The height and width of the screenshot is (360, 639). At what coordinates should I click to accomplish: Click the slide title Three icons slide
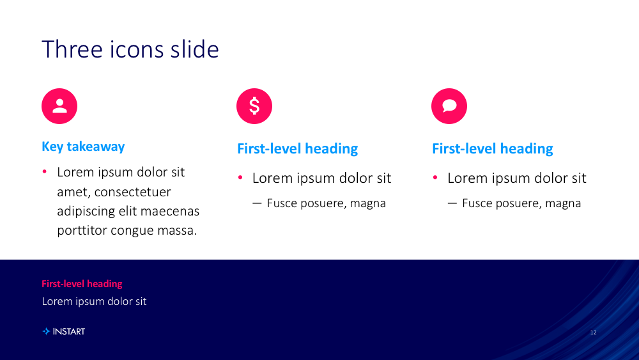pyautogui.click(x=130, y=49)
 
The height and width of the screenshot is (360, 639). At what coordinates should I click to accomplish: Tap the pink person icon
pyautogui.click(x=59, y=106)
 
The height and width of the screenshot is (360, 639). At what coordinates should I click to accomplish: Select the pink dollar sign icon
pyautogui.click(x=254, y=106)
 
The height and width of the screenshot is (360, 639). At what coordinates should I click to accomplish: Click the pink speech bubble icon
pyautogui.click(x=449, y=106)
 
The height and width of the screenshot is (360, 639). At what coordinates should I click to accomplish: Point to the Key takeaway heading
pyautogui.click(x=83, y=146)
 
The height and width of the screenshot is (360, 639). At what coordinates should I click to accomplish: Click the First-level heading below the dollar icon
pyautogui.click(x=298, y=149)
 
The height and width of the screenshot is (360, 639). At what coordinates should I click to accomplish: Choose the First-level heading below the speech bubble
pyautogui.click(x=492, y=149)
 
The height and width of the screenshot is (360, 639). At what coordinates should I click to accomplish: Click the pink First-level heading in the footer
pyautogui.click(x=82, y=284)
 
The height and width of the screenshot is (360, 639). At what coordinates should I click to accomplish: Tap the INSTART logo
pyautogui.click(x=63, y=331)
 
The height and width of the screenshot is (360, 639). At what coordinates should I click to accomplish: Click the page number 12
pyautogui.click(x=594, y=333)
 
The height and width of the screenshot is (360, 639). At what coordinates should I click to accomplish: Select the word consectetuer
pyautogui.click(x=132, y=192)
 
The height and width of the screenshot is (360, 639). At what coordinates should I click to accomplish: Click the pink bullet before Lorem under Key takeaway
pyautogui.click(x=45, y=171)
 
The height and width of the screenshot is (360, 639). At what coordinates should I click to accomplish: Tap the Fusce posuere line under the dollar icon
pyautogui.click(x=319, y=203)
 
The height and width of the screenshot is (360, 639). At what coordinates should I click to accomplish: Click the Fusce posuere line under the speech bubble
pyautogui.click(x=514, y=203)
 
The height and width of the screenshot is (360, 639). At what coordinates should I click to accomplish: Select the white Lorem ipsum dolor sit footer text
pyautogui.click(x=94, y=301)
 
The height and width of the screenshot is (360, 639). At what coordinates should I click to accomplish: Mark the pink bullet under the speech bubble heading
pyautogui.click(x=435, y=177)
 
